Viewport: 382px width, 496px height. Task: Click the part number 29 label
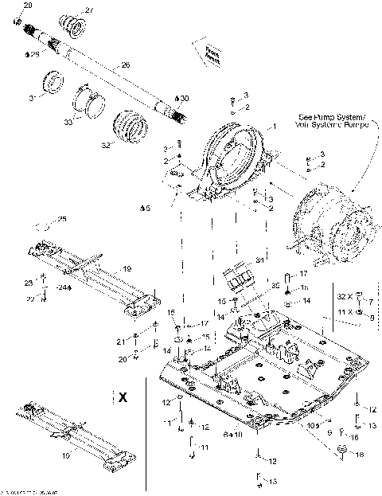click(29, 6)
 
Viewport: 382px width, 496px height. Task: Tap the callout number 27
click(89, 10)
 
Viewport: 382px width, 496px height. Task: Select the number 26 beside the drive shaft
click(124, 64)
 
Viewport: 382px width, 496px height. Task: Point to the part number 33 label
click(67, 122)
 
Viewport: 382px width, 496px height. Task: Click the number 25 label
click(62, 219)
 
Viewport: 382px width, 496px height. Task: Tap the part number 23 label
click(29, 283)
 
